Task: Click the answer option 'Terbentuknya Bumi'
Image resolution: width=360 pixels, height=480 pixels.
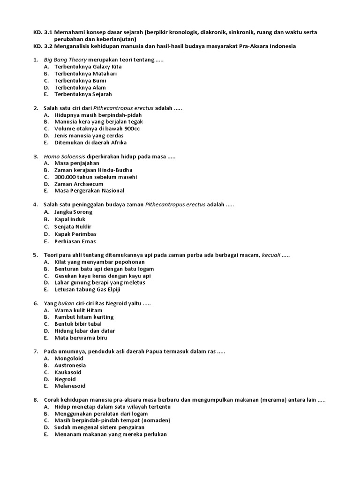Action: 80,81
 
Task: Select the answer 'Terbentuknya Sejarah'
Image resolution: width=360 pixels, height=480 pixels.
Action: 83,94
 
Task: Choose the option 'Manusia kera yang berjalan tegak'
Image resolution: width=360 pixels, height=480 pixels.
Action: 98,122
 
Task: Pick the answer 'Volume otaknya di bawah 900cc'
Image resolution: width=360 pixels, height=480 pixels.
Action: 97,128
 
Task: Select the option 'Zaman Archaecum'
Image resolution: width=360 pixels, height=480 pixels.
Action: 79,184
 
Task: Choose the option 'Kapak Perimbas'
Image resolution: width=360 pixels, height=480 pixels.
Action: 75,234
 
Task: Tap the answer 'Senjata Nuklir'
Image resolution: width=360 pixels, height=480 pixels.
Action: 73,227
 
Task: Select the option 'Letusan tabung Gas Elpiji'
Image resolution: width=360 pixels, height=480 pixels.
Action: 87,289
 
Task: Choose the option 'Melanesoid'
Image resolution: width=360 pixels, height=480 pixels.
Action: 70,386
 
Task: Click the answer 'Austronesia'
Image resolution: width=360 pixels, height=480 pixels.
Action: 70,365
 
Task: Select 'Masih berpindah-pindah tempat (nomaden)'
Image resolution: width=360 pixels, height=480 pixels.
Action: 112,420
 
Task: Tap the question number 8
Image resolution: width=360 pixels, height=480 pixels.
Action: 36,400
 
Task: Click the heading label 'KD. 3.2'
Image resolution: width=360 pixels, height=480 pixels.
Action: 43,46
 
